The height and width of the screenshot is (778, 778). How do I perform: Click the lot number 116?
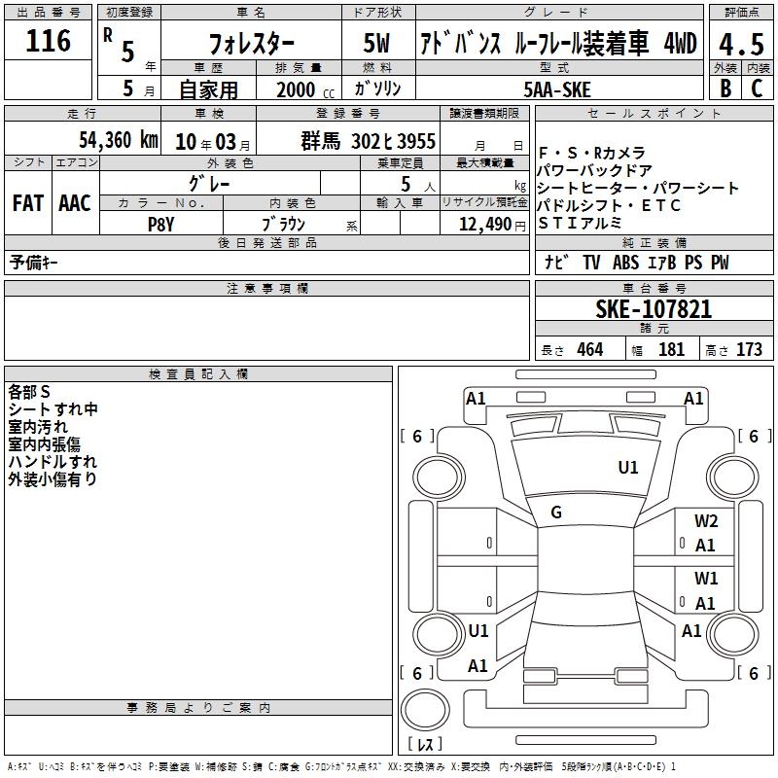[50, 41]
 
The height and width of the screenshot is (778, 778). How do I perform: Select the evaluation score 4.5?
[741, 44]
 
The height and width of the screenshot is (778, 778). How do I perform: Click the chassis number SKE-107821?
[653, 310]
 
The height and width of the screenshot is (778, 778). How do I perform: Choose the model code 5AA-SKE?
[557, 89]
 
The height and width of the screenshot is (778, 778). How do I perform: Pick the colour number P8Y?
[160, 223]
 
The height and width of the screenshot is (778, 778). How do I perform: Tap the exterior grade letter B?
[725, 88]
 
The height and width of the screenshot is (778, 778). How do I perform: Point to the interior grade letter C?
[757, 88]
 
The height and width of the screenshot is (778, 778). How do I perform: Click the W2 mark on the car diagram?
[706, 521]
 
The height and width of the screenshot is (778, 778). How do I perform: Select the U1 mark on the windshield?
[628, 468]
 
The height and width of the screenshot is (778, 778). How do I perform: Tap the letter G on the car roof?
[556, 513]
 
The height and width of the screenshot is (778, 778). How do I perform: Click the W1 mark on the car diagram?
[706, 579]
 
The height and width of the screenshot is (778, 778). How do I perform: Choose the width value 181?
[671, 350]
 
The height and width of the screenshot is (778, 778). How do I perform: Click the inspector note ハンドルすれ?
[53, 462]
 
